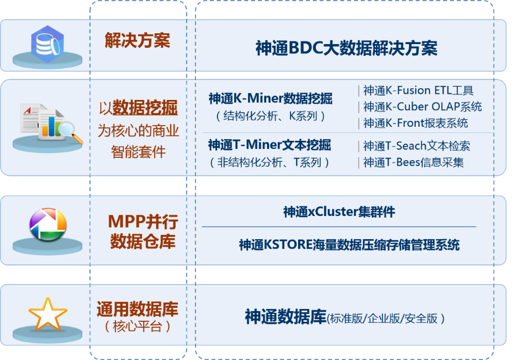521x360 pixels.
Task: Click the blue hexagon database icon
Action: [x=47, y=44]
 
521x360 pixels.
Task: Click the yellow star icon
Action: [x=47, y=314]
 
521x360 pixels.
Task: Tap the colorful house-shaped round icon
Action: [x=48, y=225]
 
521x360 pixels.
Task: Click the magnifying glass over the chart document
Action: [x=70, y=132]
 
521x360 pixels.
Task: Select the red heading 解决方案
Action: [x=137, y=40]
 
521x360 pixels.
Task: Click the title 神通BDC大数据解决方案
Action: [x=346, y=48]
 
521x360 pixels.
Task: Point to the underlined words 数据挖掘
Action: [x=145, y=107]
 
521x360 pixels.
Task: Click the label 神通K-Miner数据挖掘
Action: [x=271, y=98]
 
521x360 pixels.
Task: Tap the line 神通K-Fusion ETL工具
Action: [x=418, y=90]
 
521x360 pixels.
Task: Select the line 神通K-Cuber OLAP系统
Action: [x=422, y=107]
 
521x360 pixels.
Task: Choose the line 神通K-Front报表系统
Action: [x=415, y=123]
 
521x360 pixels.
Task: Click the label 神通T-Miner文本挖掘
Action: [x=270, y=145]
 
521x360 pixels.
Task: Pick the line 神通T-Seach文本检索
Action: [x=417, y=146]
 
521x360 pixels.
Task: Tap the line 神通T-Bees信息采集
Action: [x=414, y=162]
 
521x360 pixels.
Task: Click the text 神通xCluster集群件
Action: [x=339, y=212]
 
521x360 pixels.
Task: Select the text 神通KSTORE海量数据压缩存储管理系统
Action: [x=349, y=245]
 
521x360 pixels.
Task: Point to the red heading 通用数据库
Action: [x=137, y=309]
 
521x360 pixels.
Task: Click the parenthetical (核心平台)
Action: [x=137, y=327]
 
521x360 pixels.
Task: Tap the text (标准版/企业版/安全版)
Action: [x=386, y=319]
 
